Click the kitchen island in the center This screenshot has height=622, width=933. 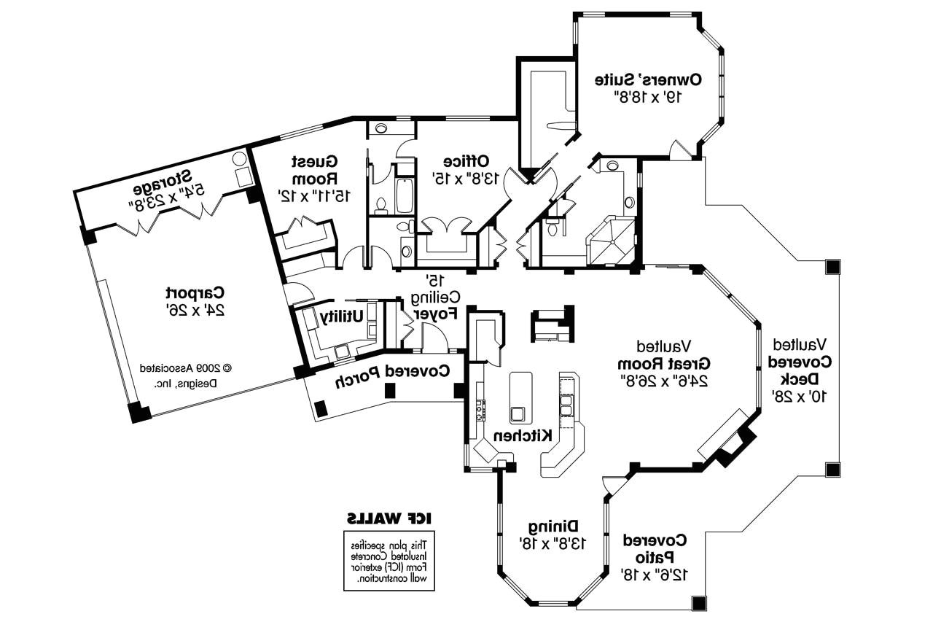coord(520,397)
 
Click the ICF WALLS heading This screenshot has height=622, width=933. coord(389,518)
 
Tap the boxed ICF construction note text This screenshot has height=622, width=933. coord(389,560)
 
